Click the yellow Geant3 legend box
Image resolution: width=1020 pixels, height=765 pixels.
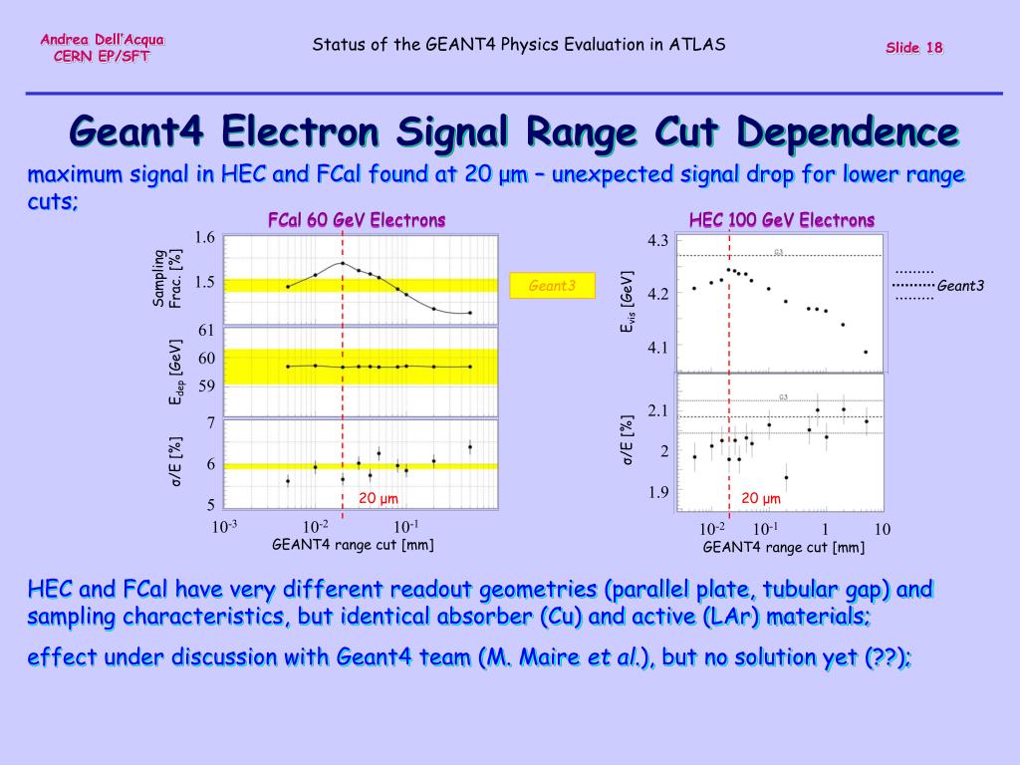coord(552,286)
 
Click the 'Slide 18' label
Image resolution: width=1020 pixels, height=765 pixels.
coord(914,49)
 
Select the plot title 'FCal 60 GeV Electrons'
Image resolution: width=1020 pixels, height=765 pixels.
coord(357,220)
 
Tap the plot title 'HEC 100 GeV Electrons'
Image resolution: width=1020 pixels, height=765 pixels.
coord(782,220)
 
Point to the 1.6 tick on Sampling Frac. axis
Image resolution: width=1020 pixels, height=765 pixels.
coord(205,237)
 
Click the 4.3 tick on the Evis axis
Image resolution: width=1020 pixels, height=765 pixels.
coord(657,241)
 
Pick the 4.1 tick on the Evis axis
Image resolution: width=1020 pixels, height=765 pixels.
coord(657,348)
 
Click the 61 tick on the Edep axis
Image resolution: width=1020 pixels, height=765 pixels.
coord(206,330)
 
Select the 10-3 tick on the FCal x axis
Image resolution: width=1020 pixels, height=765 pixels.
coord(223,526)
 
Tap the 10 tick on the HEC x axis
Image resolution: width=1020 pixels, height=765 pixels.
coord(882,529)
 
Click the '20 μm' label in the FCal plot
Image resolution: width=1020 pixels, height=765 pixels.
coord(379,498)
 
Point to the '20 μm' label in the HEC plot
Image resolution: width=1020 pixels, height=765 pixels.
coord(761,498)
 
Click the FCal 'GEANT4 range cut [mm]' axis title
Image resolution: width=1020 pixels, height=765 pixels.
coord(353,544)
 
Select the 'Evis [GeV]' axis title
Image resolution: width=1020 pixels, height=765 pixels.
coord(627,299)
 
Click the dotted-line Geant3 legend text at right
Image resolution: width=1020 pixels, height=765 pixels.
coord(960,286)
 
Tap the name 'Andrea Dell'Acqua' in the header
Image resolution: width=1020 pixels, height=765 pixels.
coord(103,39)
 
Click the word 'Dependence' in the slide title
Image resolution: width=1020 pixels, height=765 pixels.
coord(848,132)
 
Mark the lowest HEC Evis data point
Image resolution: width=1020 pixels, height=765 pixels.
coord(866,352)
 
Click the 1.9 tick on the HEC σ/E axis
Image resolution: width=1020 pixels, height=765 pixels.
coord(657,492)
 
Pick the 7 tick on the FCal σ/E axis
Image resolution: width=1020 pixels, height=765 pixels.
coord(210,423)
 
